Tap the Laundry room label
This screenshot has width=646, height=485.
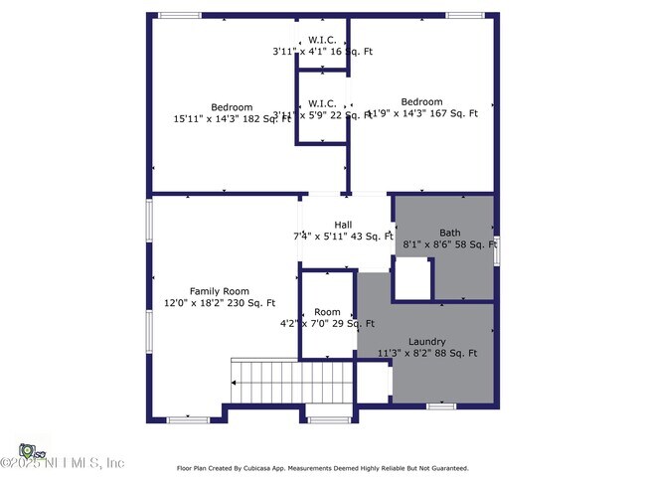click(426, 341)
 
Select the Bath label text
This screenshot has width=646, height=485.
click(449, 233)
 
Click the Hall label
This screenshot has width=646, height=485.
click(343, 225)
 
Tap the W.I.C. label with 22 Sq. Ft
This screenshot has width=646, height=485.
click(321, 102)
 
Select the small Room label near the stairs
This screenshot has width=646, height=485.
click(327, 312)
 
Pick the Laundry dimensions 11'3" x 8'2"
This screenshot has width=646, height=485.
click(427, 353)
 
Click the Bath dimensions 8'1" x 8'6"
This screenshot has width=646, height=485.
click(449, 244)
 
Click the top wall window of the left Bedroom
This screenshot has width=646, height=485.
click(179, 15)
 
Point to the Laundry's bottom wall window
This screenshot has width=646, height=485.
click(440, 405)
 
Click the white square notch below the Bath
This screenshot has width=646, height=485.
click(413, 278)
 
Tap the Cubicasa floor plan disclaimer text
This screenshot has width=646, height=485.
click(322, 468)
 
